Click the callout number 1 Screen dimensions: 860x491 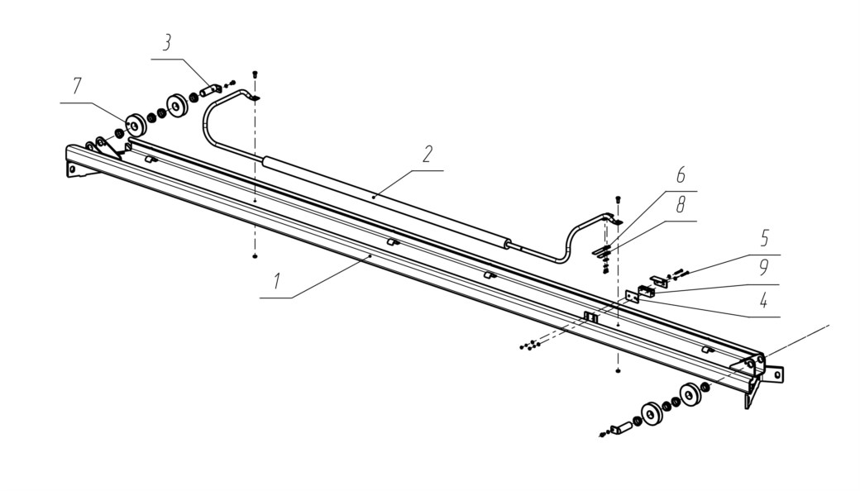point(278,281)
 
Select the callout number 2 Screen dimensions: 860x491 point(428,154)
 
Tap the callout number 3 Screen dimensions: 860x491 point(166,43)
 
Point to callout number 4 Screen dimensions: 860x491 point(763,300)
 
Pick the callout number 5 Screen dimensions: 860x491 point(764,238)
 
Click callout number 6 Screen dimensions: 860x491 point(680,174)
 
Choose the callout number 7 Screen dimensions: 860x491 point(76,86)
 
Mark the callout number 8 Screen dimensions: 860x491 point(680,205)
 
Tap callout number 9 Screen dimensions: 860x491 point(763,268)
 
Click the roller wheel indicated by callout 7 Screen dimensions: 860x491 point(135,125)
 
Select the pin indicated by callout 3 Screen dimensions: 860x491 point(209,90)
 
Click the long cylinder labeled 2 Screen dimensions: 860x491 point(384,202)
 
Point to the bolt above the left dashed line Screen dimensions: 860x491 point(255,74)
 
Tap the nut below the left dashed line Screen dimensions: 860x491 point(255,256)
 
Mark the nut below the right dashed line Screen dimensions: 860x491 point(619,371)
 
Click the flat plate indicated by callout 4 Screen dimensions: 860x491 point(632,296)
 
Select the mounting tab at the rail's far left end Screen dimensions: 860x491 point(76,169)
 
